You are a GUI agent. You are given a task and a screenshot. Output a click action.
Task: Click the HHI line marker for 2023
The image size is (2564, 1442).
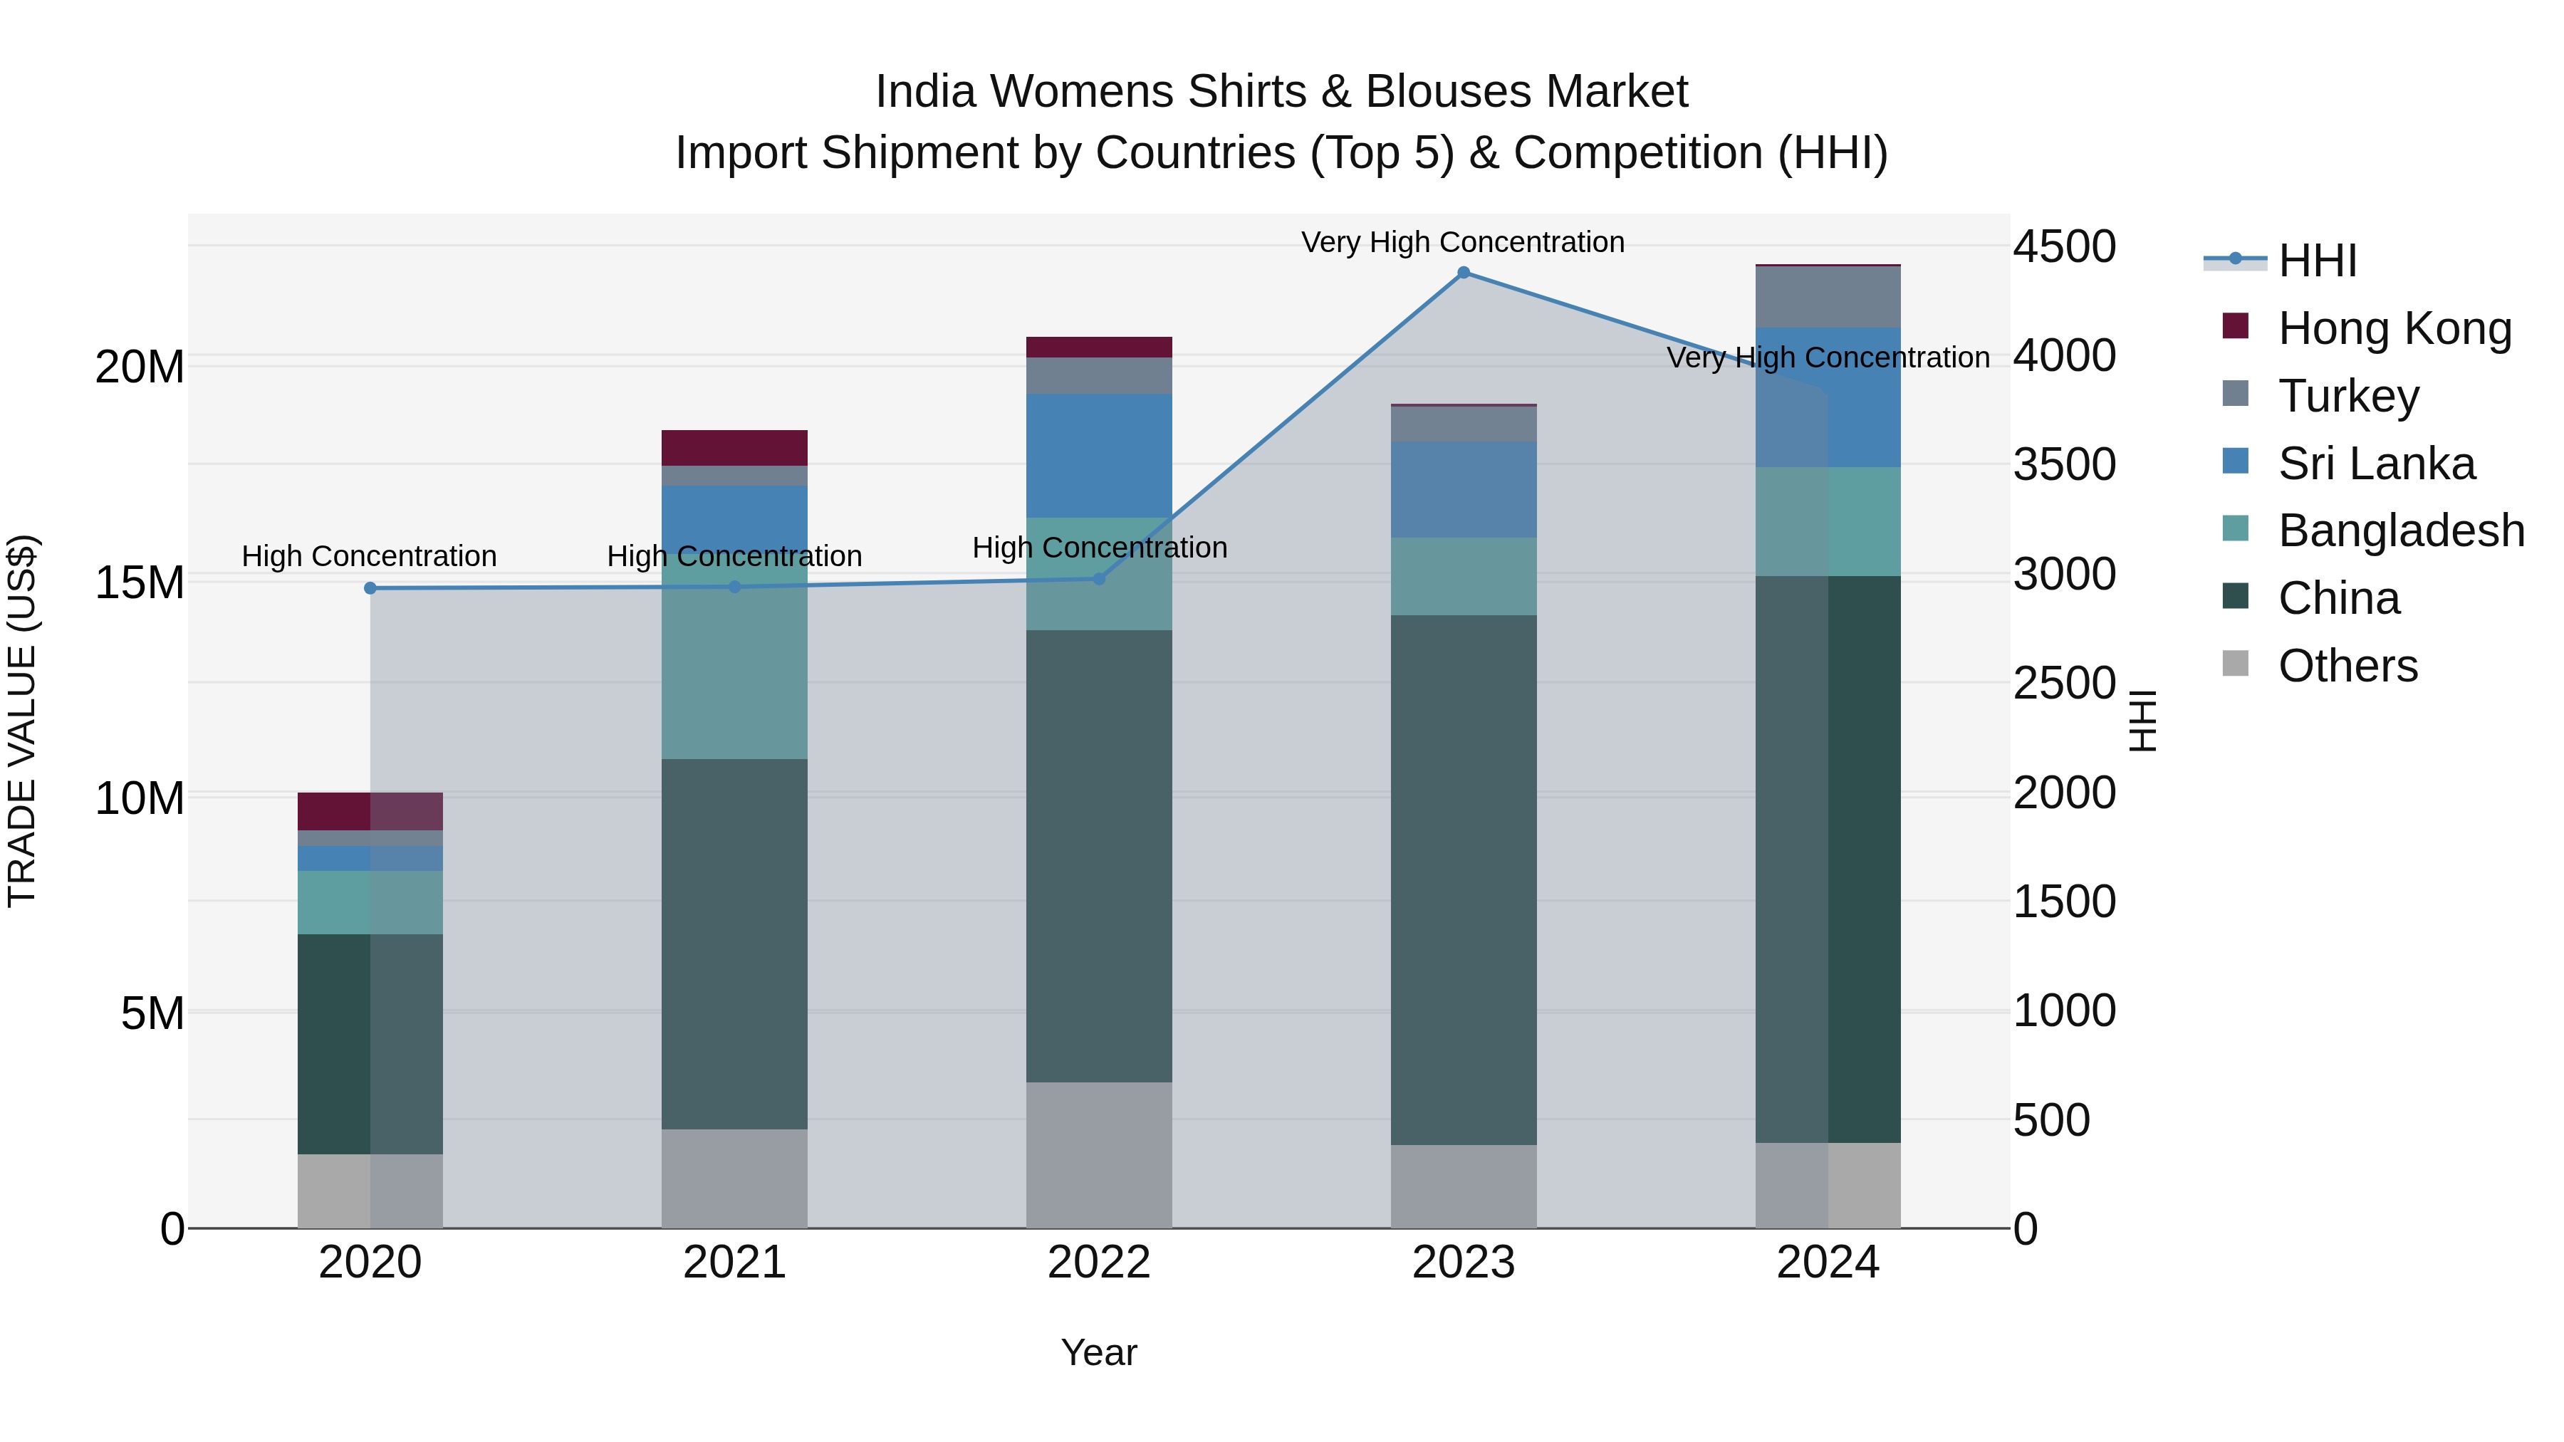(1463, 273)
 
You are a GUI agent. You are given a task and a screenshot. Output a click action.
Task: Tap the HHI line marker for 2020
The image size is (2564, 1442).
(370, 588)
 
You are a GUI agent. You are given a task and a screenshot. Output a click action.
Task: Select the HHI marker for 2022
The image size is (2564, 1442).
(1099, 578)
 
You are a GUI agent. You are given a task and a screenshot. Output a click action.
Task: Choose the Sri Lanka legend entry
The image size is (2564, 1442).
(2376, 464)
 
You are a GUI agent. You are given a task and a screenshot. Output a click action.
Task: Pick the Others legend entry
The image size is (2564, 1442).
(2347, 666)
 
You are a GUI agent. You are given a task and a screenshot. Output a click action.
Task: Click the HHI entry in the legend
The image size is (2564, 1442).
(2316, 261)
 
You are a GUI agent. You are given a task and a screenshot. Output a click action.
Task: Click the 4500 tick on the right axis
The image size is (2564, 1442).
(2064, 247)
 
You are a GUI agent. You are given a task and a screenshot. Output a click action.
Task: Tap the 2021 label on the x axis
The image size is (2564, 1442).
(734, 1263)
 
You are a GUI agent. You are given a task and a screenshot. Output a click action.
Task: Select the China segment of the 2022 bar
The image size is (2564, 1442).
(1099, 856)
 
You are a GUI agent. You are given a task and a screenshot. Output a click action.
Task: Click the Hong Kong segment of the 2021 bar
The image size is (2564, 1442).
(734, 448)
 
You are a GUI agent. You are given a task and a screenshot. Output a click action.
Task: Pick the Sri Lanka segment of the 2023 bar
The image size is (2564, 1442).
(1463, 490)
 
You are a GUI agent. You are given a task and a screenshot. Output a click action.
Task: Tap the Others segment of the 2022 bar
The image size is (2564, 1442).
(1099, 1154)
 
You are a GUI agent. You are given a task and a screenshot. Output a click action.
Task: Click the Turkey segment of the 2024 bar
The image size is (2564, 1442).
(1828, 296)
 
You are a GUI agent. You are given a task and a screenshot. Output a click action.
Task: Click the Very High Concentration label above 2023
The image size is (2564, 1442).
(1462, 242)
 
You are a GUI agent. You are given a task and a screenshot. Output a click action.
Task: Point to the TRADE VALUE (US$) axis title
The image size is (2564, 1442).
(22, 721)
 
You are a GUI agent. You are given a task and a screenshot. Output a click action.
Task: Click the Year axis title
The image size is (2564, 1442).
(1099, 1352)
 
